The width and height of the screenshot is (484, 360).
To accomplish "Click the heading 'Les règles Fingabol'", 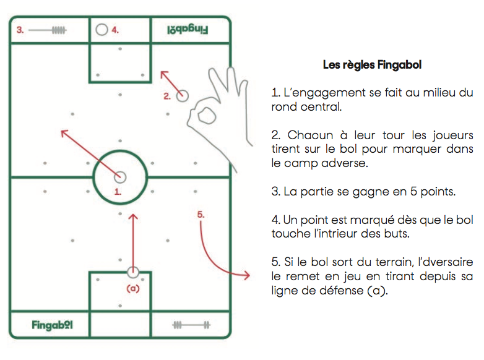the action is pos(372,65).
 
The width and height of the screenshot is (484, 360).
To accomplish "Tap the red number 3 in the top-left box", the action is pos(20,30).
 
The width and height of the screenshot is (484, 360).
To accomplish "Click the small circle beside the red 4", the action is pos(102,30).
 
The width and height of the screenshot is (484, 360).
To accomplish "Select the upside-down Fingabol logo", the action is pos(188,30).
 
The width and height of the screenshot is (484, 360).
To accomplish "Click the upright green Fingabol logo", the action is pos(52,325).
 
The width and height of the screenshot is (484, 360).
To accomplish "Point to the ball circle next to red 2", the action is pos(182,96).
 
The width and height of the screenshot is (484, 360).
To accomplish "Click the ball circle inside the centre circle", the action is pos(120,177).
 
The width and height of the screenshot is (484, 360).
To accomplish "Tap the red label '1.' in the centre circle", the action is pos(118,192).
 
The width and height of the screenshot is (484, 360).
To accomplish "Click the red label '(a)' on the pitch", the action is pos(133,288).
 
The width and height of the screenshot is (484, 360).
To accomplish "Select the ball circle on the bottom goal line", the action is pos(133,272).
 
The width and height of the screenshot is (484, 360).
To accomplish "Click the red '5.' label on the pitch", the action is pos(201,215).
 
